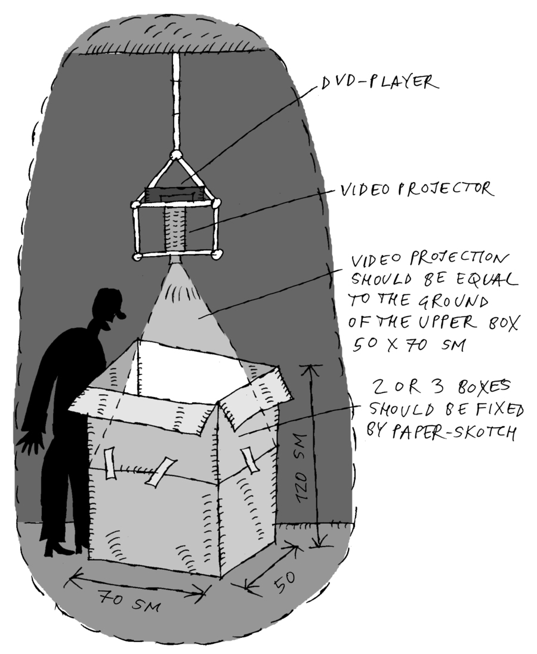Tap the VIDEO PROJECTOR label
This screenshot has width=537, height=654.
pyautogui.click(x=416, y=190)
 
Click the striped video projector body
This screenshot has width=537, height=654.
pyautogui.click(x=175, y=229)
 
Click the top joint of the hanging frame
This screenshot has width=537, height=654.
pyautogui.click(x=177, y=155)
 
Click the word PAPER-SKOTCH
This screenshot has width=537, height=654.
pyautogui.click(x=456, y=431)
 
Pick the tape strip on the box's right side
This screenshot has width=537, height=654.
pyautogui.click(x=249, y=459)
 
